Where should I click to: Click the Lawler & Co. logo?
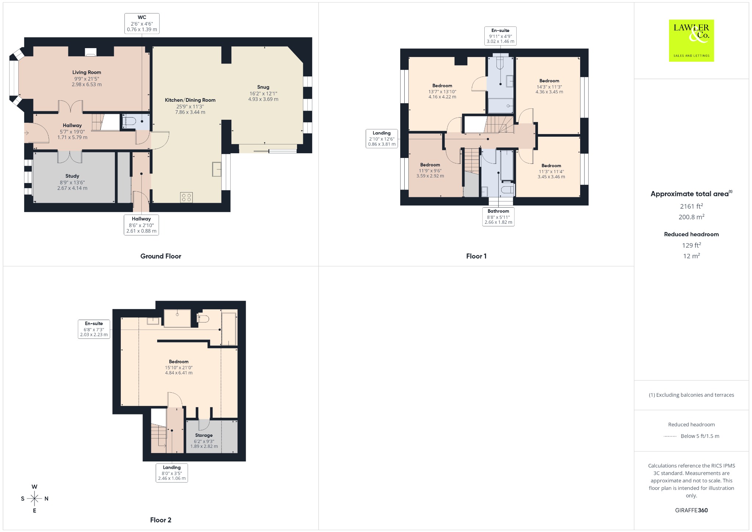pos(691,40)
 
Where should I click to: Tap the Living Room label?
pos(87,72)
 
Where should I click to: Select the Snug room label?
pos(263,87)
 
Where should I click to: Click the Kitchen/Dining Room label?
pos(190,100)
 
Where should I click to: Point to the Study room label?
pos(72,176)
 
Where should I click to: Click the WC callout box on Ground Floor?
pos(142,24)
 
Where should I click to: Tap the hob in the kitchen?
pos(186,197)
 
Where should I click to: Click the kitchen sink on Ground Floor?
pos(217,169)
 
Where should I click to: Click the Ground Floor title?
pos(161,256)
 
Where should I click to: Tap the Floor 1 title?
pos(476,256)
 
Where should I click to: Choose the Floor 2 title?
pos(161,520)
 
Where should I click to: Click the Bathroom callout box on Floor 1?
pos(498,217)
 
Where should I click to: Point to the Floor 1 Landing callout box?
pos(382,139)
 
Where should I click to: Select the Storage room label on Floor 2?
pos(204,435)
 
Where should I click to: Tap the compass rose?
pos(35,499)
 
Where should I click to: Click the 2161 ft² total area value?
pos(691,206)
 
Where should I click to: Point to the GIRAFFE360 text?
pos(691,510)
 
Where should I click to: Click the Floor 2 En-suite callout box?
pos(94,329)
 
